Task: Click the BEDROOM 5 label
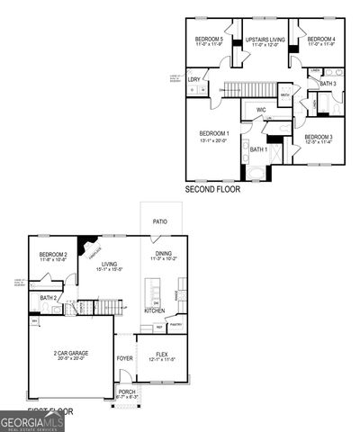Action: click(210, 40)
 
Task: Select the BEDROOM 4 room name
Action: click(320, 40)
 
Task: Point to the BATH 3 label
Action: click(327, 84)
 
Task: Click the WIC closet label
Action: click(261, 110)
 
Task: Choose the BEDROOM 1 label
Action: click(214, 134)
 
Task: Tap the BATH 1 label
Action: click(258, 148)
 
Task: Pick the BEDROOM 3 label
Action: click(319, 137)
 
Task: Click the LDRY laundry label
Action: click(193, 80)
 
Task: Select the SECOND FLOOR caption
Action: click(212, 190)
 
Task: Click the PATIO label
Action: click(160, 220)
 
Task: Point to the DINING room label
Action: click(163, 254)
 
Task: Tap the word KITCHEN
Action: click(155, 310)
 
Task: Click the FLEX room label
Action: click(162, 355)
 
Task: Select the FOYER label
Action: click(124, 358)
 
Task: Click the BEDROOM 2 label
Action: click(53, 256)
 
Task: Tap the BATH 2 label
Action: click(49, 298)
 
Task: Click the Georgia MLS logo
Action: click(31, 421)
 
